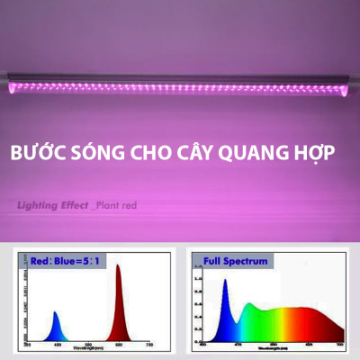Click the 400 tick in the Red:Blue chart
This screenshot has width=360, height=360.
(x=58, y=345)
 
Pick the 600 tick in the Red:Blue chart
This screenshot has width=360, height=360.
(x=120, y=345)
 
